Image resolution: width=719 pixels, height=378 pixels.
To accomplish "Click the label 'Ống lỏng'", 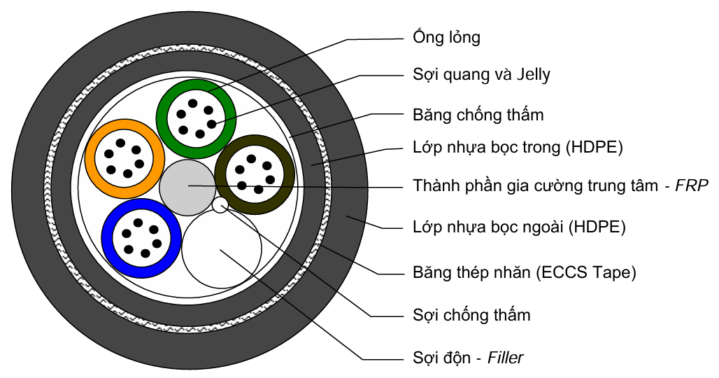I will pyautogui.click(x=446, y=38).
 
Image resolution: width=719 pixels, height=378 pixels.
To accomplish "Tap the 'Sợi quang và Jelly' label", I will pyautogui.click(x=481, y=75).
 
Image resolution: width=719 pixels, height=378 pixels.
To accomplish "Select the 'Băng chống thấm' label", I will pyautogui.click(x=478, y=113).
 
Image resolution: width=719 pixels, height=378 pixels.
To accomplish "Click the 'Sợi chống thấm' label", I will pyautogui.click(x=471, y=315).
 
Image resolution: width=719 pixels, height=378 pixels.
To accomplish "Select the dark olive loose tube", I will pyautogui.click(x=222, y=171).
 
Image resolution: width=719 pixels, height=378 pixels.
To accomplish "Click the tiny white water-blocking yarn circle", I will pyautogui.click(x=221, y=204).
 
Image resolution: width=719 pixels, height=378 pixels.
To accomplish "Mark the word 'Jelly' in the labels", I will pyautogui.click(x=531, y=75).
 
